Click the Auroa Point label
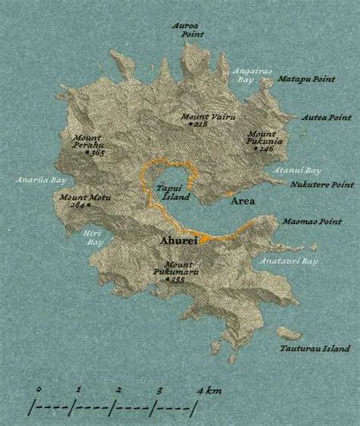(x=188, y=30)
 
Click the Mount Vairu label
(x=198, y=117)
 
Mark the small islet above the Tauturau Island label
(x=287, y=333)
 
